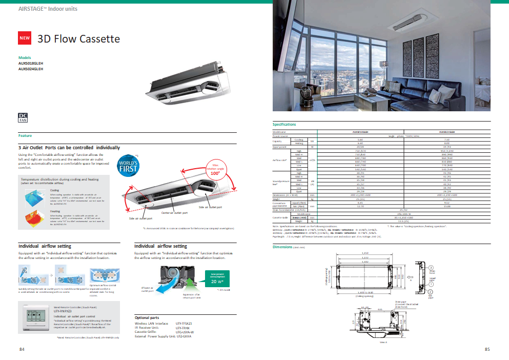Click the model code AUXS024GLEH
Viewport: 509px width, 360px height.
(31, 69)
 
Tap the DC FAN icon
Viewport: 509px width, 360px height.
(23, 117)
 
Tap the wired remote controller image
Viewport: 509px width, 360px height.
(34, 316)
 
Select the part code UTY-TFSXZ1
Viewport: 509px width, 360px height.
(184, 324)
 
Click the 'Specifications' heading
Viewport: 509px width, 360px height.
(284, 125)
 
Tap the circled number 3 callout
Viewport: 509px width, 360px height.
(431, 268)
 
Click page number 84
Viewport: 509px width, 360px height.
(22, 350)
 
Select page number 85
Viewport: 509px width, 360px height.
(486, 350)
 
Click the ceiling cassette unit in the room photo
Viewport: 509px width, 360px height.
(410, 24)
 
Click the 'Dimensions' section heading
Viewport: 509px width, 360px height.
(282, 247)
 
